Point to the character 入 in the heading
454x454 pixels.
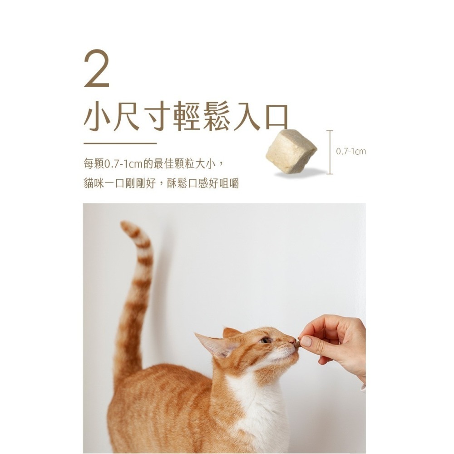click(x=247, y=117)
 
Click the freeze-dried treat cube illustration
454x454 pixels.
click(x=291, y=151)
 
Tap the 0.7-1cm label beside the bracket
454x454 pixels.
click(x=350, y=151)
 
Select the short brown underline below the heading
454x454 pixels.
click(x=120, y=143)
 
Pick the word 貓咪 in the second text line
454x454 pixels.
click(x=94, y=183)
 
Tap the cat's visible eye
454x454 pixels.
click(x=265, y=340)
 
